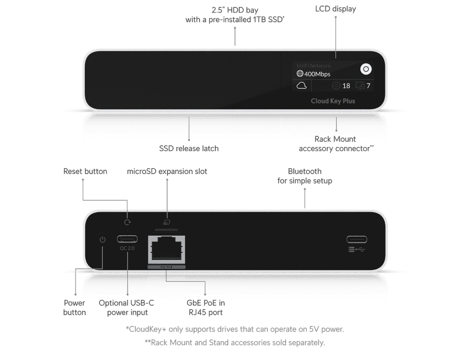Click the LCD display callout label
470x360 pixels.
point(335,9)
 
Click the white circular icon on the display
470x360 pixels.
point(366,69)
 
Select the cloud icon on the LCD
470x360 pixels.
point(302,85)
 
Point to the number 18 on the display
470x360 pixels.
point(346,86)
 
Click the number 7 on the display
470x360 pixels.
point(369,86)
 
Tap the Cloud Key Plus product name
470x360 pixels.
point(332,101)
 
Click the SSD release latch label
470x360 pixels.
point(189,148)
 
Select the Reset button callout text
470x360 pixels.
point(85,171)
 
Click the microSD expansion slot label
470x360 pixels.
point(167,171)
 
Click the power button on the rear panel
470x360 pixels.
point(102,239)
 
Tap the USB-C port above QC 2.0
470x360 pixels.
point(128,239)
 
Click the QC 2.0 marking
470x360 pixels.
point(128,248)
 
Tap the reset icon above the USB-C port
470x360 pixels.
point(128,222)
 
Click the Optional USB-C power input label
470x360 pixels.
point(127,308)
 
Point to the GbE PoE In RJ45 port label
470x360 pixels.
point(206,308)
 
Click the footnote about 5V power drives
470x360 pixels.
point(235,329)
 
